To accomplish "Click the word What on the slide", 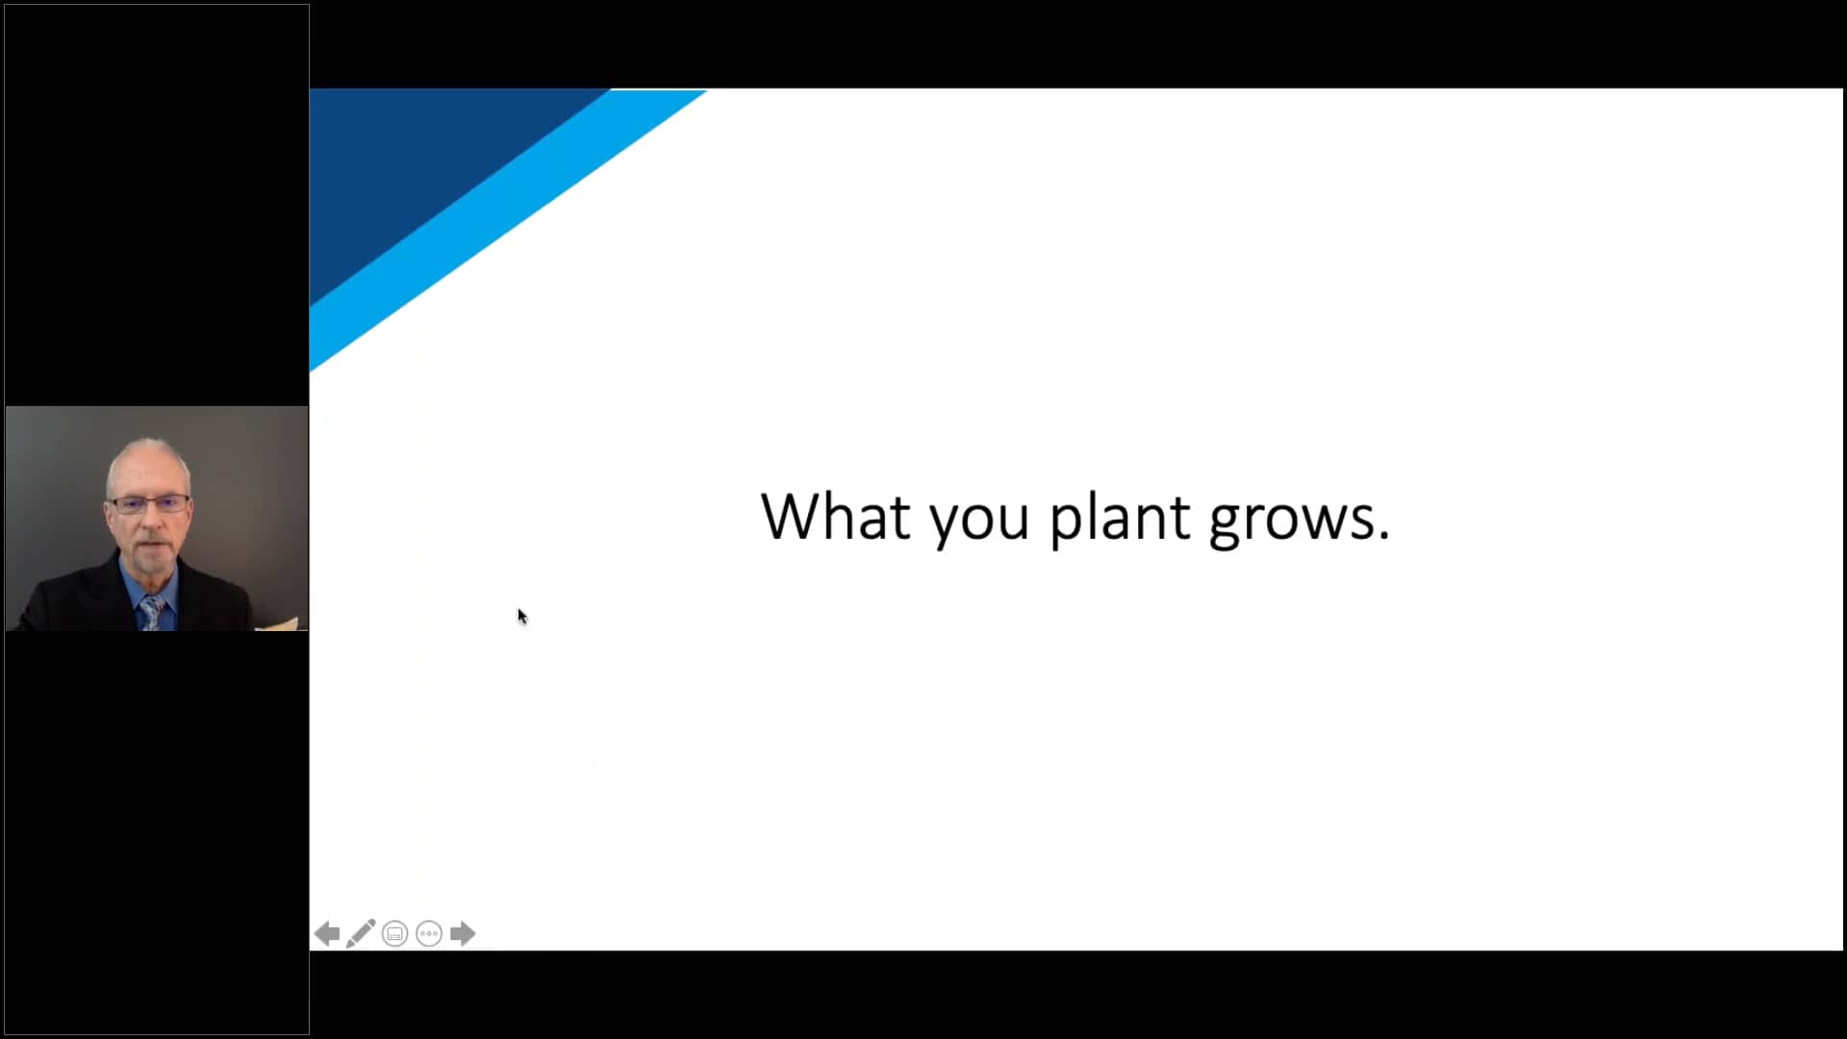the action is (x=835, y=517).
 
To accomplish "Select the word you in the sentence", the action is (x=978, y=524).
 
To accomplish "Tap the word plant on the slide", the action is (x=1119, y=519).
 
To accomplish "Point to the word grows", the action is (x=1291, y=524).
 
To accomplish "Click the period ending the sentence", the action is (x=1384, y=536).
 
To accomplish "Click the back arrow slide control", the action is (x=327, y=933).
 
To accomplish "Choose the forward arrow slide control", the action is (x=463, y=933).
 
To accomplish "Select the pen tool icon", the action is (x=361, y=933).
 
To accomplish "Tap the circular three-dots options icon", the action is (x=429, y=933).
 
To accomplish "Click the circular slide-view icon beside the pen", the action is (x=394, y=933).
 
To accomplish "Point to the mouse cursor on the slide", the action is (x=521, y=617).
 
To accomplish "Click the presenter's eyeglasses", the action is (x=149, y=503).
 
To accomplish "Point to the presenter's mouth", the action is (x=149, y=546).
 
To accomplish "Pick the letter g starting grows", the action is (x=1224, y=526).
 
